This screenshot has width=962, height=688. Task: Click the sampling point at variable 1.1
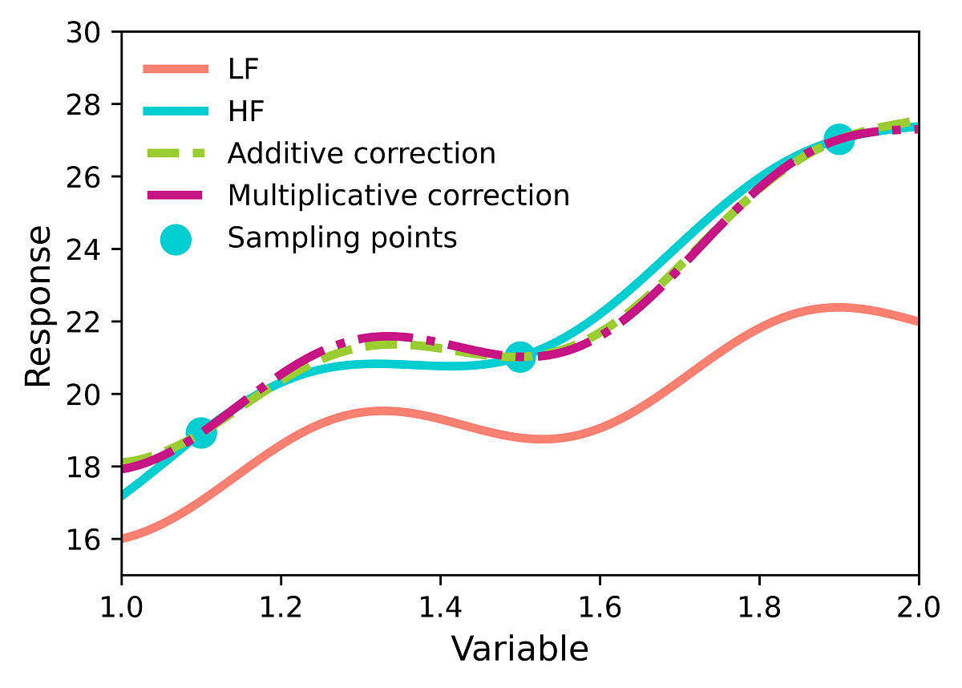click(x=201, y=433)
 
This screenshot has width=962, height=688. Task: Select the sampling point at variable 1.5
click(x=520, y=357)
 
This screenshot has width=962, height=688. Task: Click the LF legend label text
click(x=244, y=69)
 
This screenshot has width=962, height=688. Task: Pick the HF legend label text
click(x=246, y=111)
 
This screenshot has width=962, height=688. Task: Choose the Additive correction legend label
click(x=362, y=153)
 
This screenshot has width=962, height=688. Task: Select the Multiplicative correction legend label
click(x=398, y=195)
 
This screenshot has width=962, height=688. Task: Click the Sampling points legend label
click(x=342, y=237)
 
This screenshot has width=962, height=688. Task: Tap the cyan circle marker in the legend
click(x=176, y=239)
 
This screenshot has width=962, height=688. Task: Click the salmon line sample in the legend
click(x=176, y=69)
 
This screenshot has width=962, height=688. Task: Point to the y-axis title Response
click(x=37, y=306)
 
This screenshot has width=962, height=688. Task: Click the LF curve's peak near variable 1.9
click(x=837, y=308)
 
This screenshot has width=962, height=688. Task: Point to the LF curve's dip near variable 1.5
click(x=542, y=439)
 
